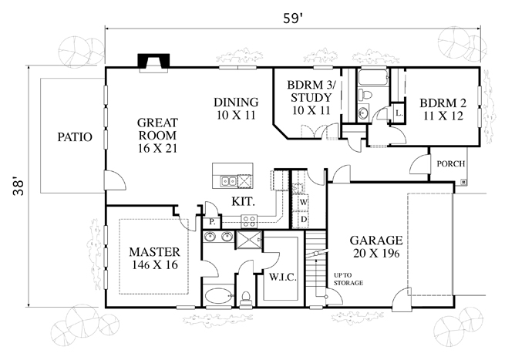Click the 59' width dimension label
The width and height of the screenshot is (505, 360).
(x=292, y=19)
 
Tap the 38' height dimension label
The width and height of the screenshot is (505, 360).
(x=19, y=187)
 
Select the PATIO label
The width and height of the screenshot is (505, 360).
(x=75, y=137)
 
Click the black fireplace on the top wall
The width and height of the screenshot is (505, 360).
(x=153, y=61)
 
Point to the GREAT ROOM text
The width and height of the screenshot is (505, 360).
(x=157, y=129)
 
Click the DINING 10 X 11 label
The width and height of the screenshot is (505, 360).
(x=236, y=109)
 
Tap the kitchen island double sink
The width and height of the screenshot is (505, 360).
(x=228, y=181)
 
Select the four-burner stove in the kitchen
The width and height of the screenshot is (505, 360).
(x=249, y=221)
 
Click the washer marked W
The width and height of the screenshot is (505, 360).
(x=304, y=203)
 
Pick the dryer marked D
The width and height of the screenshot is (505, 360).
(x=304, y=219)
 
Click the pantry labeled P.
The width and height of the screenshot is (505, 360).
(x=211, y=221)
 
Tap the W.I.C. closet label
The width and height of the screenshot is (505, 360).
(x=283, y=278)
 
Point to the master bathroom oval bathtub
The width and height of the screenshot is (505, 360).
(x=218, y=295)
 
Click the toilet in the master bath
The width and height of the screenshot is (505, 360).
(x=247, y=298)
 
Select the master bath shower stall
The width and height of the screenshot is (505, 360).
(x=249, y=240)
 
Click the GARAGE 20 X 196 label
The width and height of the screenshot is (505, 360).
(x=376, y=247)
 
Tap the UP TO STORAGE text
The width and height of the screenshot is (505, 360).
(x=348, y=279)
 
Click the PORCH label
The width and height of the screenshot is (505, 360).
(x=451, y=164)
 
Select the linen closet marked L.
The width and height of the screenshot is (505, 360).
(x=399, y=113)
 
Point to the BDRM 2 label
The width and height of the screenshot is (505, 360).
(x=443, y=109)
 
